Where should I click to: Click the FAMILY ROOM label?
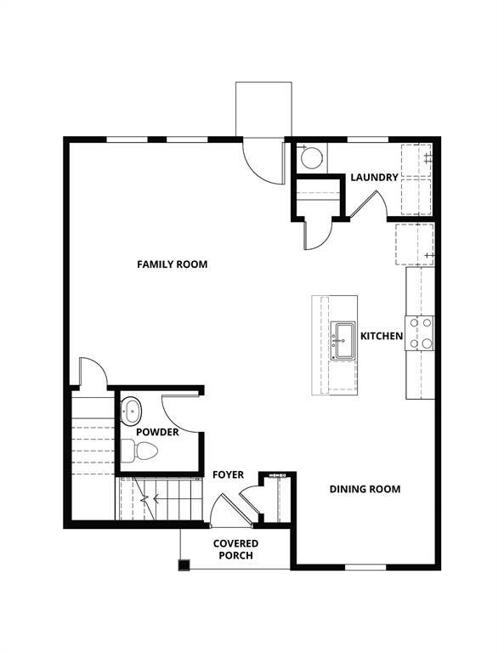click(x=173, y=264)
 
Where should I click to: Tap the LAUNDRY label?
click(x=374, y=177)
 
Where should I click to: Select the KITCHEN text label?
click(x=382, y=337)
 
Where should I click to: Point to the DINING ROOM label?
click(x=365, y=489)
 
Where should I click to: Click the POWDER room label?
click(x=157, y=432)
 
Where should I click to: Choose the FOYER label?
click(x=228, y=474)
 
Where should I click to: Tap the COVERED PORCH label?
click(x=235, y=549)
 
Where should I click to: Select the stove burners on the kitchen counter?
click(x=420, y=333)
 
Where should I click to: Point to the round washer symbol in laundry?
click(x=313, y=157)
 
